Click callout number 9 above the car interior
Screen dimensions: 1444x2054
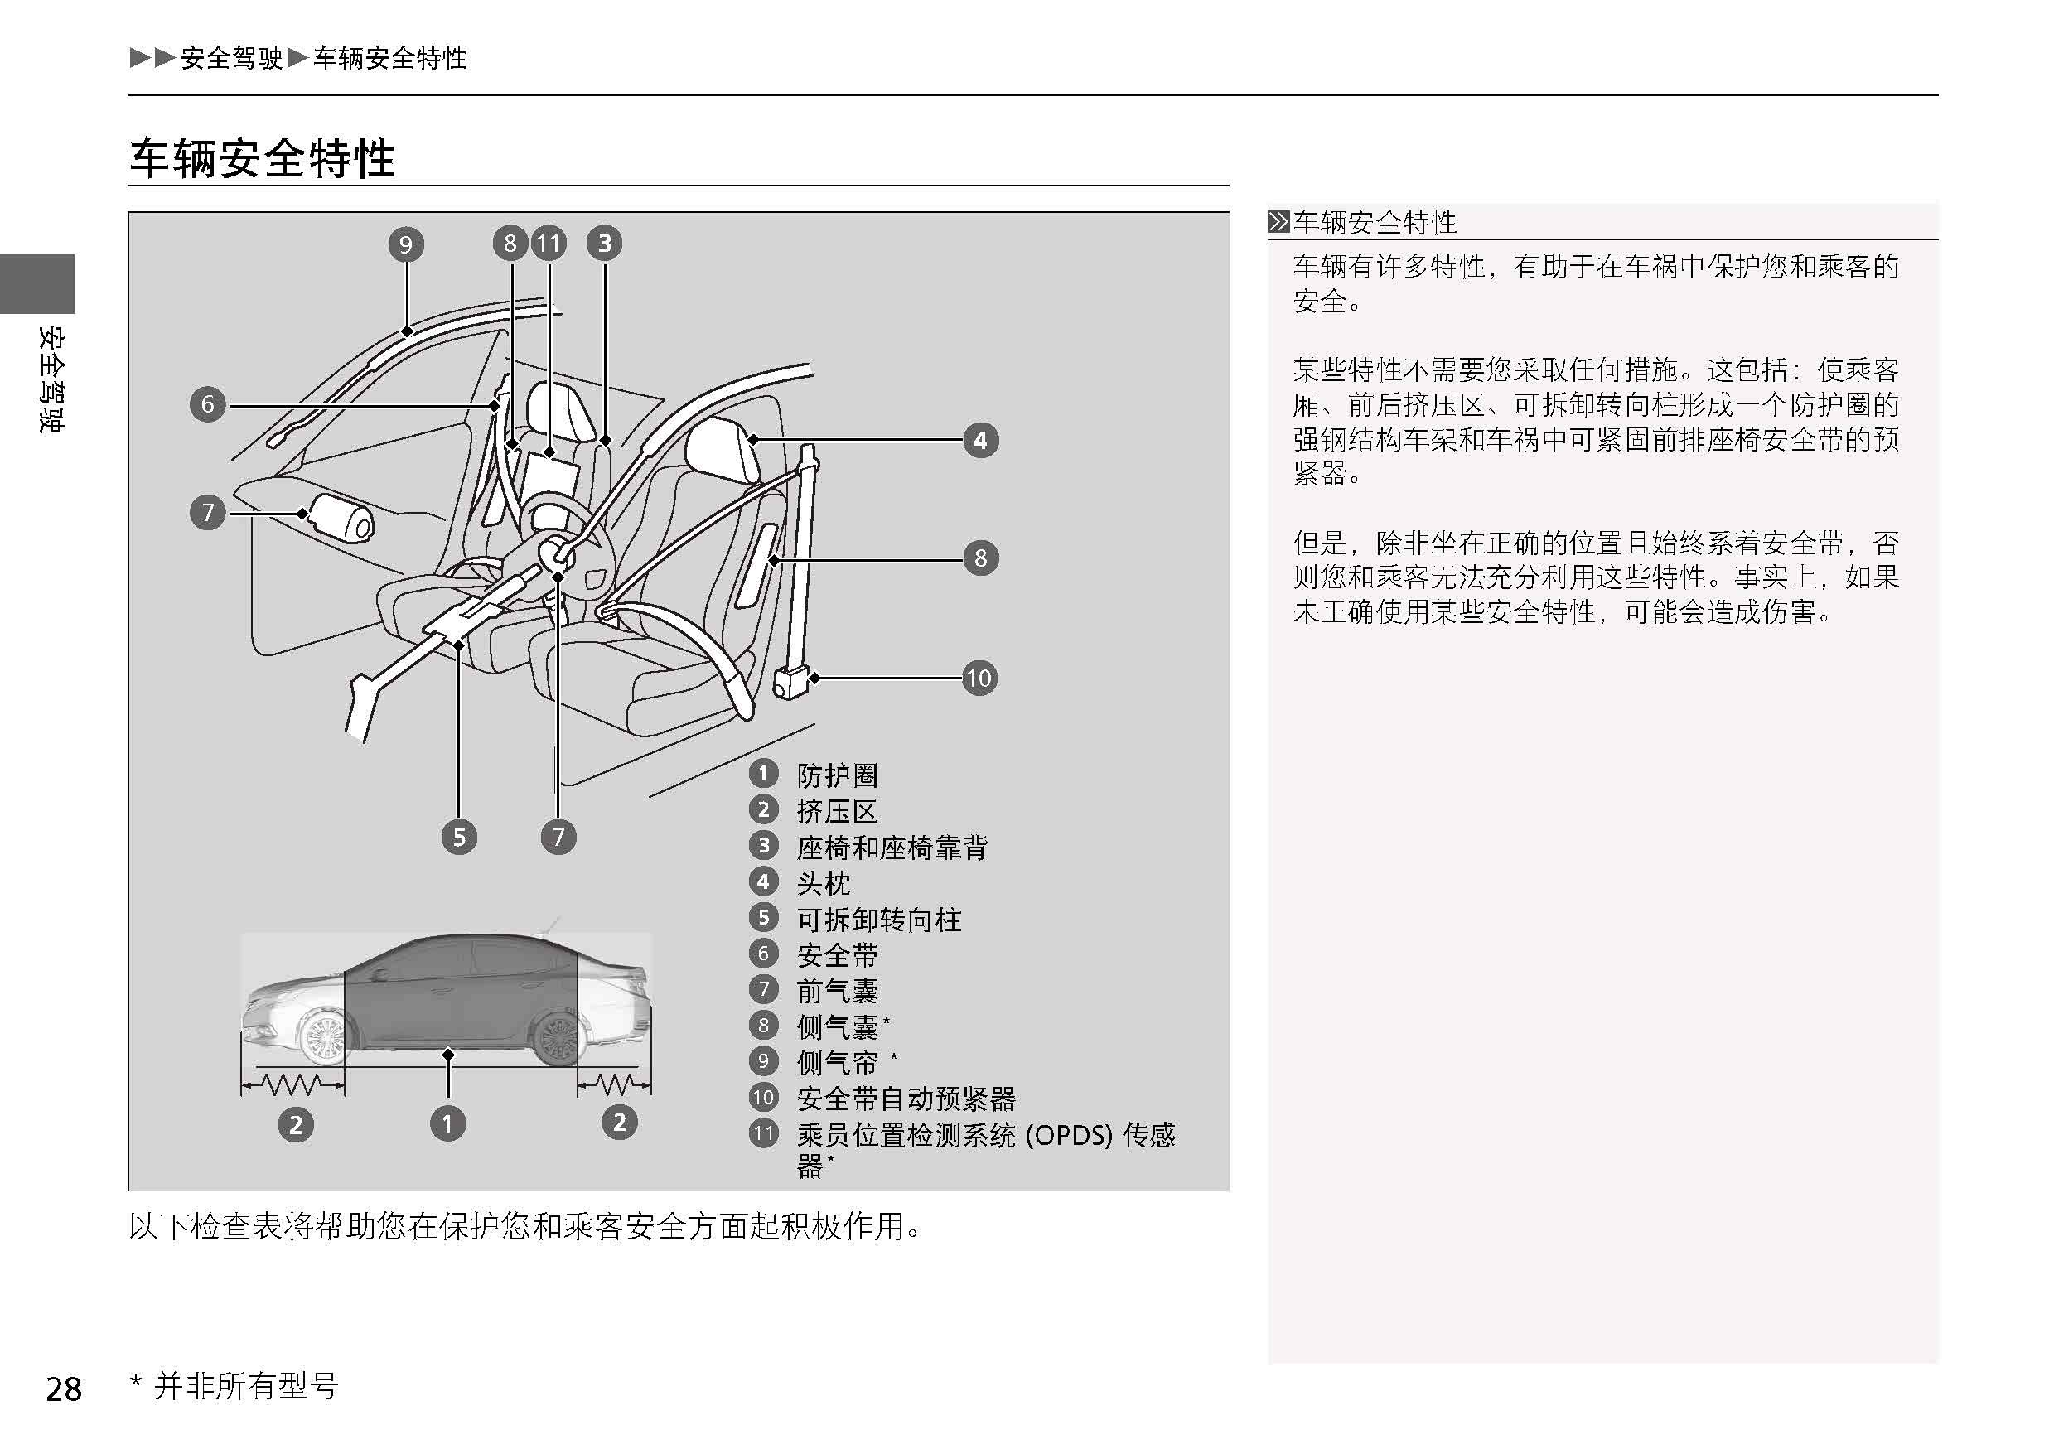(x=405, y=244)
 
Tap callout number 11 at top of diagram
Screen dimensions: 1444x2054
(x=549, y=244)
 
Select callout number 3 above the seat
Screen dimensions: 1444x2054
(x=605, y=244)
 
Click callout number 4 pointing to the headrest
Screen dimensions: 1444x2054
(x=980, y=440)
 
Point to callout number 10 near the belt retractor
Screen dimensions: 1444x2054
(x=979, y=679)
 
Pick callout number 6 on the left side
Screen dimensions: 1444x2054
(x=207, y=404)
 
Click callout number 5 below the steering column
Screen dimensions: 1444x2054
(x=459, y=838)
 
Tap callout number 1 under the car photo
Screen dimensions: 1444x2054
(x=448, y=1123)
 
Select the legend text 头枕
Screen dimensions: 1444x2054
(x=823, y=883)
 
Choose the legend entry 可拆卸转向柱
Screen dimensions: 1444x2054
(x=878, y=919)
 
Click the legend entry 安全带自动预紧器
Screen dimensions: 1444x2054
(x=906, y=1098)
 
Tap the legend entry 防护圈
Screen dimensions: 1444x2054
(x=838, y=775)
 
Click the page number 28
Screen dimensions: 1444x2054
(x=64, y=1388)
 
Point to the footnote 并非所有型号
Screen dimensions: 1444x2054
(x=246, y=1386)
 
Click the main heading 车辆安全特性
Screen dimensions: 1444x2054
(x=262, y=158)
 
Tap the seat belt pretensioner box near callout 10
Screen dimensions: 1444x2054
(x=789, y=683)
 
